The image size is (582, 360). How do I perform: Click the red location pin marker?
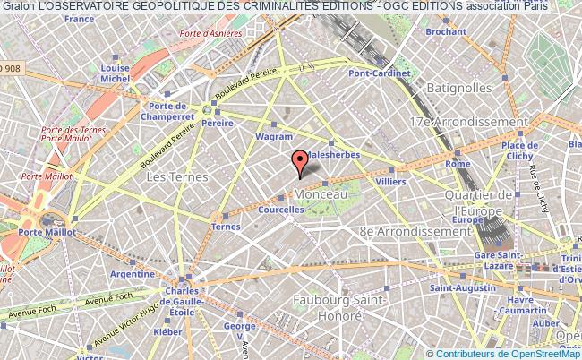click(x=301, y=162)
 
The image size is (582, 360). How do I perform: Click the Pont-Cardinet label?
click(x=380, y=74)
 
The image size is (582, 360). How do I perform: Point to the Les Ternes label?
click(x=176, y=177)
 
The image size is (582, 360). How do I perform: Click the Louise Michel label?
click(x=116, y=73)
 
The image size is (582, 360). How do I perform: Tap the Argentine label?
click(x=133, y=274)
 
